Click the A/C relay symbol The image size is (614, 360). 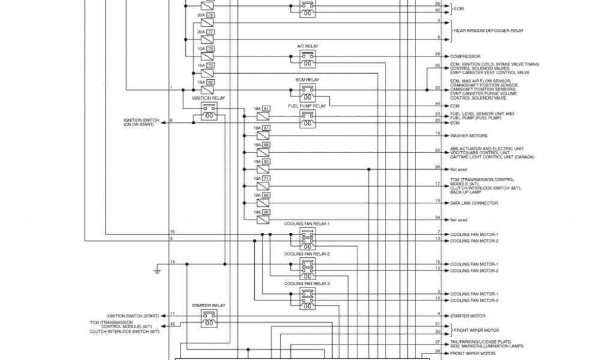[308, 58]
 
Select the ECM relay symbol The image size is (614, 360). [308, 92]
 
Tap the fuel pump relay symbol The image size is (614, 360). [308, 118]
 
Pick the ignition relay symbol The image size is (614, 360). [209, 111]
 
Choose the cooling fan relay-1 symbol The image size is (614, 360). [308, 238]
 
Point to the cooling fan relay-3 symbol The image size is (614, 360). [308, 298]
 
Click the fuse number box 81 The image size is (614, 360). [266, 109]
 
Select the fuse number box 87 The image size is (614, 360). [266, 128]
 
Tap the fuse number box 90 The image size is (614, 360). [266, 212]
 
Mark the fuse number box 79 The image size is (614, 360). [210, 48]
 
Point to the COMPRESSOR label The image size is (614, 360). [465, 56]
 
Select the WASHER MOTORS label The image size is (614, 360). [469, 136]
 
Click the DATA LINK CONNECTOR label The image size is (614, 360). [474, 203]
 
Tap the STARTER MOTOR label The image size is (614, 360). [468, 316]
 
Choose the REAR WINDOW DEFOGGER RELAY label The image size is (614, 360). [489, 30]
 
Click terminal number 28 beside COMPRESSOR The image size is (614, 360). [438, 54]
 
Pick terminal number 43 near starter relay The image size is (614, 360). [173, 323]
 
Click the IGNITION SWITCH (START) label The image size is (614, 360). [133, 316]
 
